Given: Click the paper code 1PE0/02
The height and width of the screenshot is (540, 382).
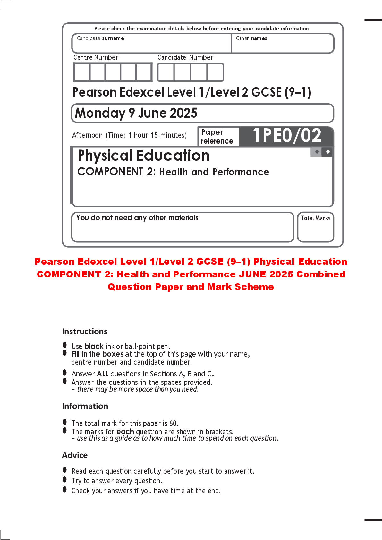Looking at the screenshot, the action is [287, 136].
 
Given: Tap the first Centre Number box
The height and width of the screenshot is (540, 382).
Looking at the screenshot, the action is [82, 72].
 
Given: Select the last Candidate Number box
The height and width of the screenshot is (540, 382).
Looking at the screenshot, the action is [215, 72].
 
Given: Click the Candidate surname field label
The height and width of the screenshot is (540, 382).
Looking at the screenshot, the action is [100, 38].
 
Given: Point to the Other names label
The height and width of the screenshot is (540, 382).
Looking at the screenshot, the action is [251, 38].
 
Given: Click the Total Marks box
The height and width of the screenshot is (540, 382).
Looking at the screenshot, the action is [315, 227].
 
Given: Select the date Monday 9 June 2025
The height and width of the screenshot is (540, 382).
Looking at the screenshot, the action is [136, 113].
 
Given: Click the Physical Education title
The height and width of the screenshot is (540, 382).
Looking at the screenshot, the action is [143, 156].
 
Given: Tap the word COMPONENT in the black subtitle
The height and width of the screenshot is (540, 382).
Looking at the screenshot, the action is [110, 172].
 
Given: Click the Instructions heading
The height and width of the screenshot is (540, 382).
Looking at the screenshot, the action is [85, 332].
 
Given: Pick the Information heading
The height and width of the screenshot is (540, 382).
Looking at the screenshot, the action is [85, 406].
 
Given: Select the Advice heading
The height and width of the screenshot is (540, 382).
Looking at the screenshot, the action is [75, 455].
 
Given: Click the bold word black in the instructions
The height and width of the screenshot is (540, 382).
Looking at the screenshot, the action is [94, 346].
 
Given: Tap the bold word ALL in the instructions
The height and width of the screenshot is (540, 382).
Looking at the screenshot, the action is [103, 374].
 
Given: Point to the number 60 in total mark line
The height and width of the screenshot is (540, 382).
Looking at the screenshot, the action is [173, 423].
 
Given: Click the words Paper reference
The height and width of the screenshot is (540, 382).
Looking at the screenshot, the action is [217, 137].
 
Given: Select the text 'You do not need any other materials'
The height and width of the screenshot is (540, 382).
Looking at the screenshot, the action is [138, 218].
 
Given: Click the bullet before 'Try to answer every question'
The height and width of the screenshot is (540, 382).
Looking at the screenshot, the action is [65, 479].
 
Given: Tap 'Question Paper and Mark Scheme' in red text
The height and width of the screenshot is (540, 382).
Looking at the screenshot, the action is [191, 287].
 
